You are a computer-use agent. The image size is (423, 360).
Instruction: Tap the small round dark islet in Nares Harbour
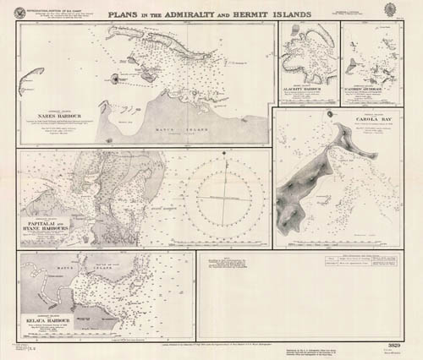[114, 79]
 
